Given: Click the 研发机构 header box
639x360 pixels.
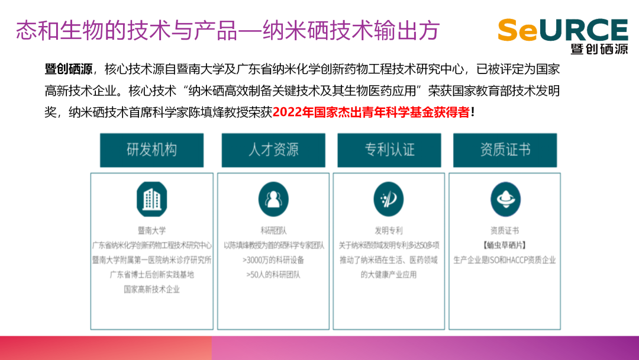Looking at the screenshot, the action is pos(151,150).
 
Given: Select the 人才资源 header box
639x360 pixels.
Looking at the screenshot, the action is pos(273,150).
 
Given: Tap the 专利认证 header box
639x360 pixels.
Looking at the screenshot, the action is pos(389,150).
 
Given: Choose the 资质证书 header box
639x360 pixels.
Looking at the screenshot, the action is pos(505,150).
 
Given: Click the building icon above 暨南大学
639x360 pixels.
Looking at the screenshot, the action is pos(151,200).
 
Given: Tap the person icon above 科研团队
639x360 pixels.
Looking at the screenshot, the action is pos(273,200).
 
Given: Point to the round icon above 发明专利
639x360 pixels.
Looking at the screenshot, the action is pos(389,200).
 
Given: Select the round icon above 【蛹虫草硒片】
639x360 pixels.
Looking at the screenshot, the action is pos(505,200).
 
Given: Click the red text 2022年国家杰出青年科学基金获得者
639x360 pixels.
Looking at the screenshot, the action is pos(371,112).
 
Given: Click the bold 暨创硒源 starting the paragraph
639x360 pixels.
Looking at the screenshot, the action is pos(69,69).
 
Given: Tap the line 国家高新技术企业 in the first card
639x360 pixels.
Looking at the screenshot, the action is pos(151,290).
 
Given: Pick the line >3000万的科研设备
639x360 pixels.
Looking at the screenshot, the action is pos(273,260).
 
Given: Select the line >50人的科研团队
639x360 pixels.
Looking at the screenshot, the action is pos(273,275).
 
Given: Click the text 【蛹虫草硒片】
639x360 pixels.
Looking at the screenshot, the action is pos(505,245).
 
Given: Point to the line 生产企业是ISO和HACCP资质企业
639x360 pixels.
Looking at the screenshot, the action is pos(505,260).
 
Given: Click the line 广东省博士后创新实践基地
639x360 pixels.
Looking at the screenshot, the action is pos(151,275).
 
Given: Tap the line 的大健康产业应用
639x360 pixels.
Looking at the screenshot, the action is pos(389,275).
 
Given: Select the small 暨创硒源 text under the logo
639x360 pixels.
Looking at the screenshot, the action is pos(599,49).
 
